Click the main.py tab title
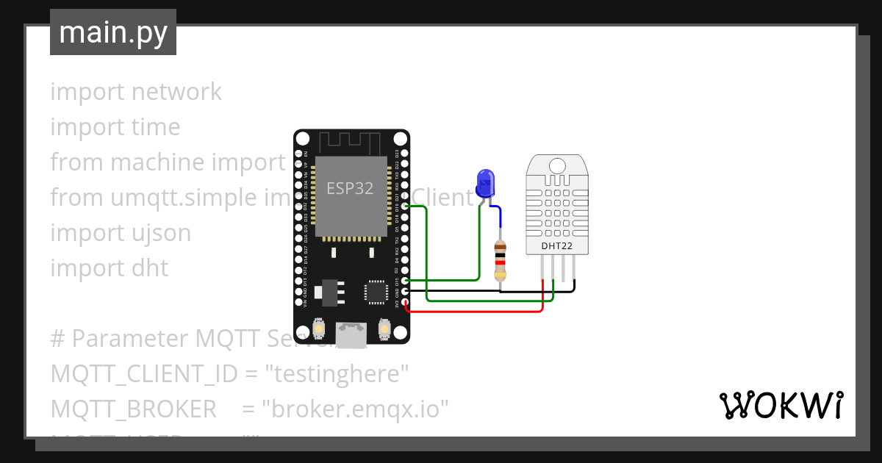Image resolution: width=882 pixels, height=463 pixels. pos(112,32)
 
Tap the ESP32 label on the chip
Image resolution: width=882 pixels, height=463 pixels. pos(350,188)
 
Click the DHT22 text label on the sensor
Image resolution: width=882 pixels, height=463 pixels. pos(557,245)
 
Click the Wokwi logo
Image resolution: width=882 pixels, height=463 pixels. pos(780,405)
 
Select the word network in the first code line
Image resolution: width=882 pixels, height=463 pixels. pos(176,92)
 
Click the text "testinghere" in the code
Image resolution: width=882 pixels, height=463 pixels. pos(340,374)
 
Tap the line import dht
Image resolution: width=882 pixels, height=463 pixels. pos(109,268)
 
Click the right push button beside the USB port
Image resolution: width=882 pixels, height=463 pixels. pos(383,329)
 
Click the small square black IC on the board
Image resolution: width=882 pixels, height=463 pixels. pos(376,292)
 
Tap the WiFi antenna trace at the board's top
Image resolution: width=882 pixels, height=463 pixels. pos(351,140)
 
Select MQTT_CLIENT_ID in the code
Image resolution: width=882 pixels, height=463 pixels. pos(144,374)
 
